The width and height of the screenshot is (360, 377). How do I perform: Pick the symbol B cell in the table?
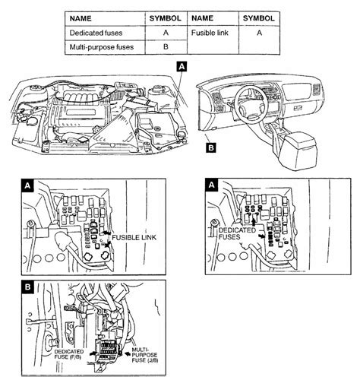[166, 47]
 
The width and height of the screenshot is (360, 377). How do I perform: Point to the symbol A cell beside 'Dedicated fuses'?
[166, 33]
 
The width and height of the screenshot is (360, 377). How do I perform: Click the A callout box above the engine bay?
[182, 66]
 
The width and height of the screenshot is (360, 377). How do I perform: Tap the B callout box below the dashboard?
[211, 147]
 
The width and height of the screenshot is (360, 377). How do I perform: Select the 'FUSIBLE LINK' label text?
[134, 238]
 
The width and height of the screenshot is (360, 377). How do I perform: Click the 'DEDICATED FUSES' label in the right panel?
[237, 233]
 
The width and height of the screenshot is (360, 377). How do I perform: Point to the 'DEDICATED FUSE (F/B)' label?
[68, 354]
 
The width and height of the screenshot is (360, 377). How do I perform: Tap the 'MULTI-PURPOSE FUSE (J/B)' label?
[145, 355]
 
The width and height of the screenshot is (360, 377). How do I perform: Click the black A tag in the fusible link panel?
[27, 186]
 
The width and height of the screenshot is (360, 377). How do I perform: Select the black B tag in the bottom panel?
[27, 287]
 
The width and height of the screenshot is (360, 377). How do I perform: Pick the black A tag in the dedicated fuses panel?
[211, 185]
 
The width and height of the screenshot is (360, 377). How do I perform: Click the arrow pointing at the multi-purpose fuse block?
[126, 353]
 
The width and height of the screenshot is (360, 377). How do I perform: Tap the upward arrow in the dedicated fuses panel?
[254, 222]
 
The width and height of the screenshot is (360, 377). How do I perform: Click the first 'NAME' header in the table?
[81, 18]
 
